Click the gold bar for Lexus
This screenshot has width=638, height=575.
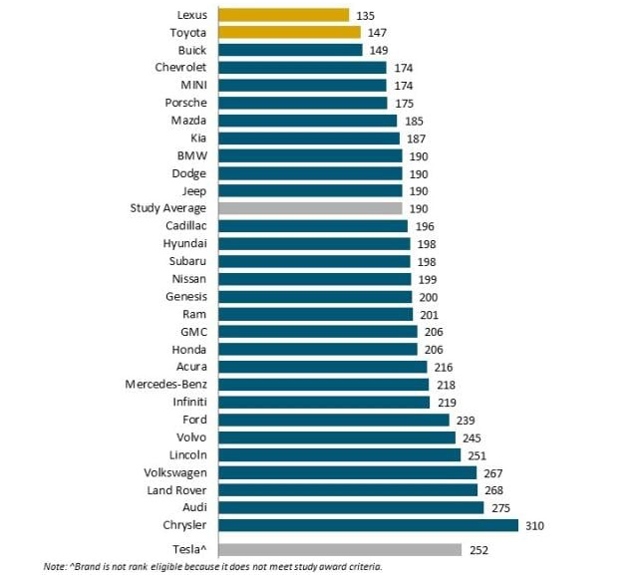click(x=283, y=15)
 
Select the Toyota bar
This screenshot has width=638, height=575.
click(x=289, y=32)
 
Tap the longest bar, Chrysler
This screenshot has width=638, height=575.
click(x=368, y=524)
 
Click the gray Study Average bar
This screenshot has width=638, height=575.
click(x=310, y=208)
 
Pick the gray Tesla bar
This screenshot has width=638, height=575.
click(x=339, y=549)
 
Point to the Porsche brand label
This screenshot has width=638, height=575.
click(x=185, y=103)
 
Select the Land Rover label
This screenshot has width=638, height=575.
click(x=175, y=489)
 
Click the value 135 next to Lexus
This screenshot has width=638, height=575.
click(x=365, y=15)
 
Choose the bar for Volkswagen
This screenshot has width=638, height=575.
click(x=346, y=472)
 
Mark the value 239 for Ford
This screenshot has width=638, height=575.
click(x=465, y=420)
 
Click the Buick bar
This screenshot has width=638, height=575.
click(x=290, y=50)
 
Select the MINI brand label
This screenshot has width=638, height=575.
click(x=192, y=85)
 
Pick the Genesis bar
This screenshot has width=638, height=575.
click(x=315, y=296)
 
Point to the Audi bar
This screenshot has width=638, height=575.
click(x=350, y=507)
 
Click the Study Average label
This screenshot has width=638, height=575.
click(x=168, y=208)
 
